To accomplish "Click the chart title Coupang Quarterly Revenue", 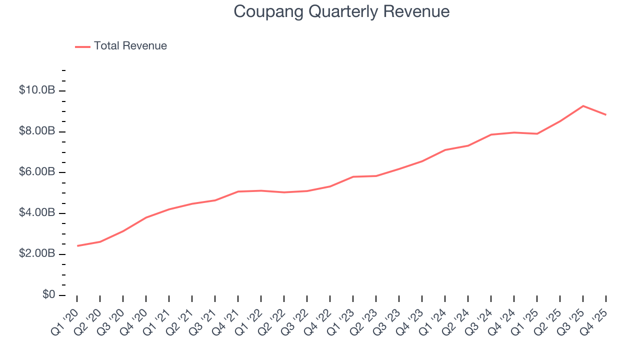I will tap(341, 11).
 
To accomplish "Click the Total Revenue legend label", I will tap(130, 46).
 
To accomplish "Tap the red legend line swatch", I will tap(82, 46).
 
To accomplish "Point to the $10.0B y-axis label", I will tap(36, 90).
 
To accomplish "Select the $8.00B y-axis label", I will tap(36, 131).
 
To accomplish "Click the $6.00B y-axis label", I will tap(36, 172).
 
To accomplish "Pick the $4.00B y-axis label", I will tap(36, 213).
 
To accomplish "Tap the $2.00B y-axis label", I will tap(36, 254).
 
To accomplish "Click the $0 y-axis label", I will tap(48, 295).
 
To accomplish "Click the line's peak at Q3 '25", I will tap(583, 106).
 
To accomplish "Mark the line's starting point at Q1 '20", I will tap(77, 245).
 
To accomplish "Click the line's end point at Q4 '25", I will tap(606, 114).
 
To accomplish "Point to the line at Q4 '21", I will tap(238, 191).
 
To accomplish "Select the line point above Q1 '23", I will tap(353, 176).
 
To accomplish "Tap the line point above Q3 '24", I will tap(491, 134).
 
